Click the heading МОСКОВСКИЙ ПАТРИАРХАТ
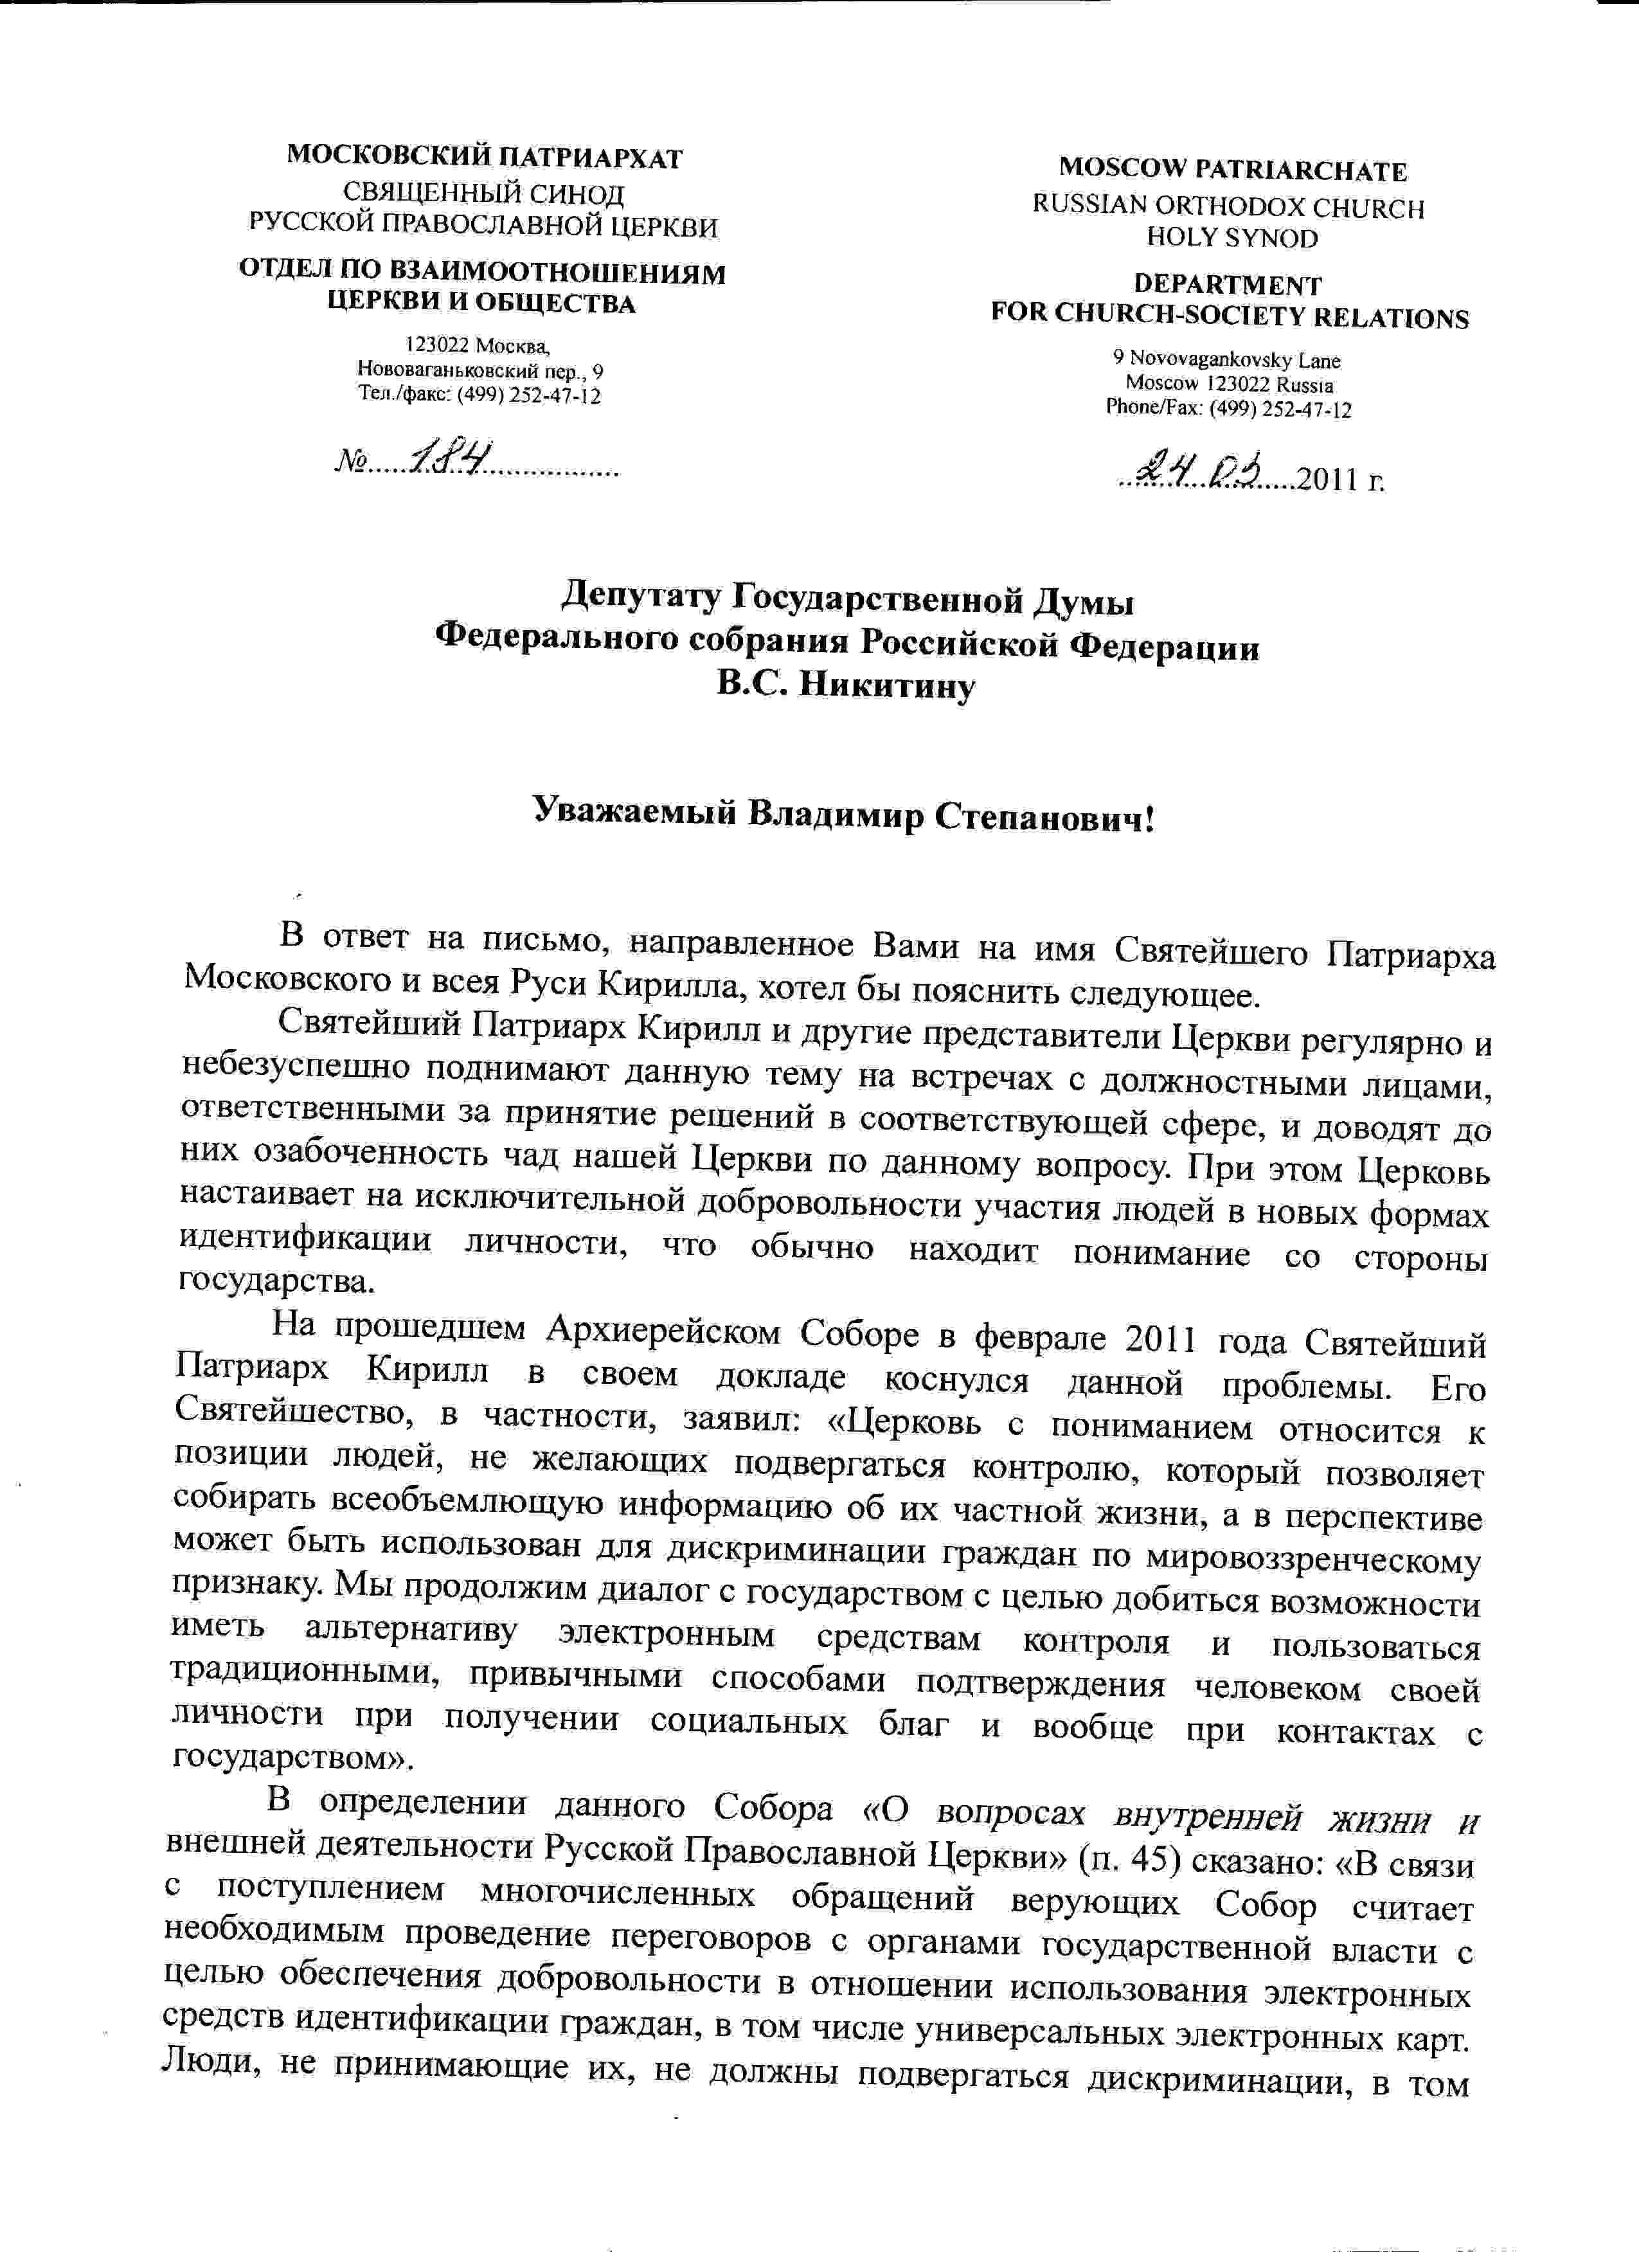485,157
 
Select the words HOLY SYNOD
1232,239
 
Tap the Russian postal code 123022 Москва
478,345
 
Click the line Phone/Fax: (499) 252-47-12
1228,408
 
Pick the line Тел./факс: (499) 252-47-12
479,395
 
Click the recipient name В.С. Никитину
846,685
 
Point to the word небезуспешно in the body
296,1067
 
